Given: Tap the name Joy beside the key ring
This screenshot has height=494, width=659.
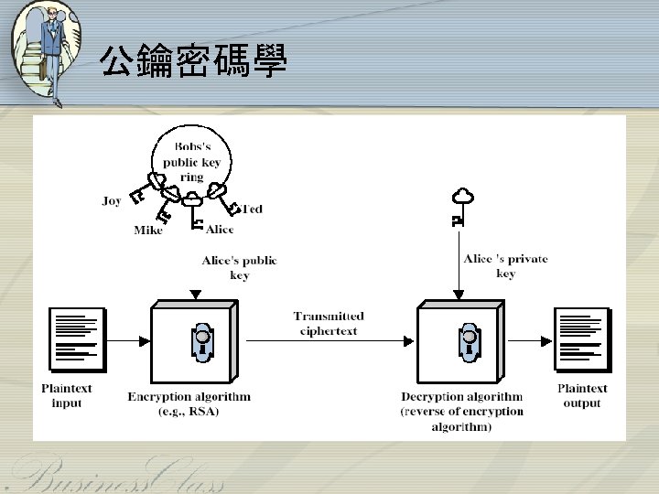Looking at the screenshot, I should (x=112, y=201).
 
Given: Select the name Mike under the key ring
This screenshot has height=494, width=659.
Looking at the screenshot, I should (x=147, y=231).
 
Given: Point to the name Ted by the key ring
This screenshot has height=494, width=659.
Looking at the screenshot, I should (x=252, y=209).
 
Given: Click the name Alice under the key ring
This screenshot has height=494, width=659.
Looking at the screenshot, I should (x=220, y=230).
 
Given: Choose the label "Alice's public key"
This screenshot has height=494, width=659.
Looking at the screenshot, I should (x=239, y=268).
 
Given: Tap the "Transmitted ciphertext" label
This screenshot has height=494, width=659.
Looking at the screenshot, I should (x=329, y=323).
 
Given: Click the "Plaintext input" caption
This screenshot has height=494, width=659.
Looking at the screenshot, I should (x=67, y=395).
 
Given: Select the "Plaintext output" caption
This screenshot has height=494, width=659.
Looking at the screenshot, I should (x=582, y=395).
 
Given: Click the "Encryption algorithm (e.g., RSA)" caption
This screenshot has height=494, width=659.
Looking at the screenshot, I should (x=189, y=403).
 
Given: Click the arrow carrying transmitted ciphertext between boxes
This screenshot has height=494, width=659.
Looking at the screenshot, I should (x=329, y=341).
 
